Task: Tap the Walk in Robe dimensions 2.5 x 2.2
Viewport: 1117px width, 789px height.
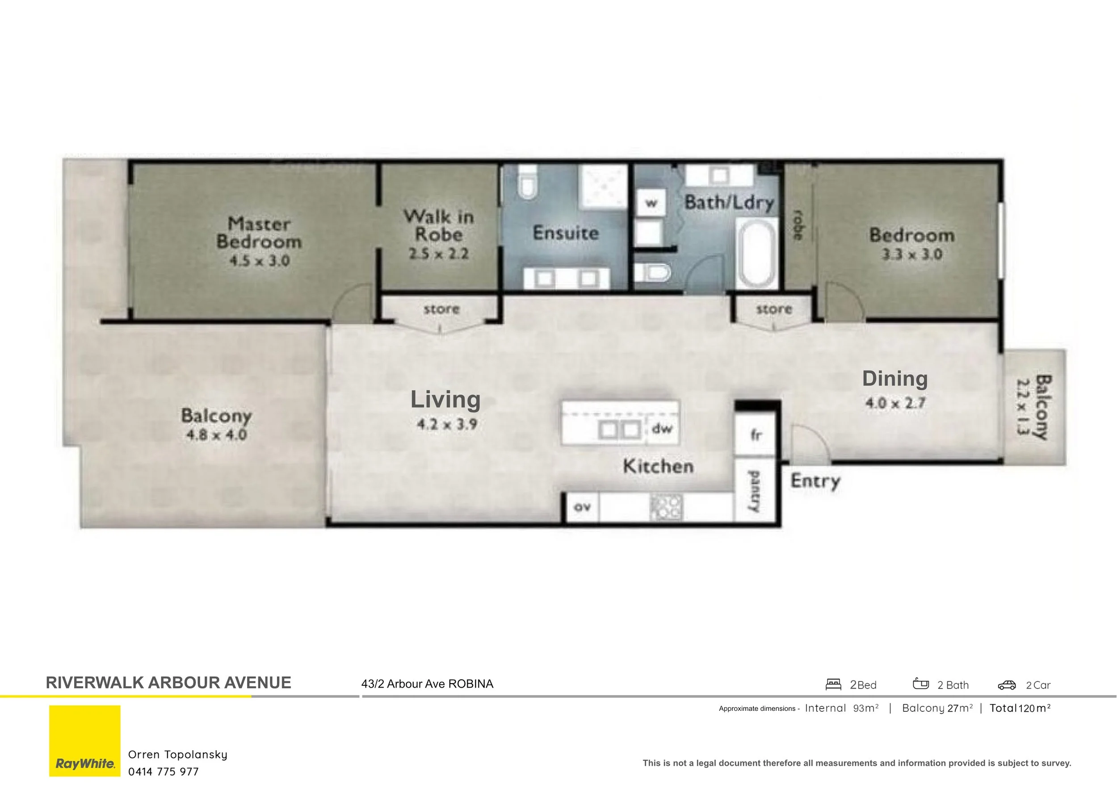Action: (x=438, y=254)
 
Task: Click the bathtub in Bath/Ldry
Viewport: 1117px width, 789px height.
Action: (x=756, y=253)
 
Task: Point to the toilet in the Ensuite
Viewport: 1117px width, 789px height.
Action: (x=527, y=182)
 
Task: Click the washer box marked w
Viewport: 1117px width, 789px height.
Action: (x=651, y=203)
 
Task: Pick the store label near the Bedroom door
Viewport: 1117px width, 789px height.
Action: (x=773, y=309)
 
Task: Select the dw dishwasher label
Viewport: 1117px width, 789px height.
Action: (x=662, y=429)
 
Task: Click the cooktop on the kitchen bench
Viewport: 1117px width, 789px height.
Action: (x=667, y=508)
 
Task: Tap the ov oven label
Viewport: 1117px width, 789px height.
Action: (x=582, y=507)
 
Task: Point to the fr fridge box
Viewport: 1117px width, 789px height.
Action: (x=755, y=434)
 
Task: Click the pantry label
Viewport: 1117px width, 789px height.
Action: (x=754, y=491)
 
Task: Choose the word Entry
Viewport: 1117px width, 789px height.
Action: (x=815, y=481)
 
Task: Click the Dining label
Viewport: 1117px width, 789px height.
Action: (x=894, y=379)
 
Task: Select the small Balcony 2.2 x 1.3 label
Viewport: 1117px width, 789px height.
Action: (x=1034, y=406)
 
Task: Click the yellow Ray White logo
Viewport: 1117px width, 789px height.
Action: (x=84, y=740)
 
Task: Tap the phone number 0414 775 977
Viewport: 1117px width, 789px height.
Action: (x=164, y=772)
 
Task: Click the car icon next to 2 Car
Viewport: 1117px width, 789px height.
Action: (x=1007, y=685)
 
